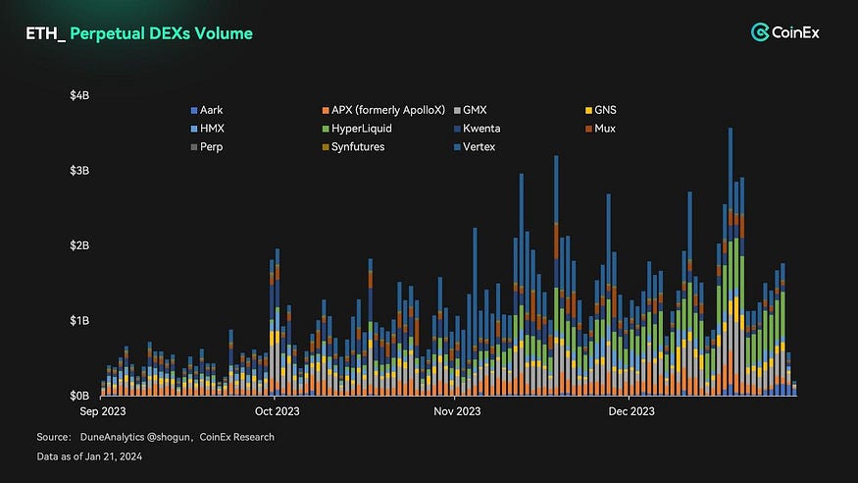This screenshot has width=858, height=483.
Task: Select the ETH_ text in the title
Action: pyautogui.click(x=44, y=33)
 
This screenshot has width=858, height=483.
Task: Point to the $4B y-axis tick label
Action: pyautogui.click(x=81, y=95)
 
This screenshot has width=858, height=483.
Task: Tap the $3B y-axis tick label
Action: pyautogui.click(x=81, y=171)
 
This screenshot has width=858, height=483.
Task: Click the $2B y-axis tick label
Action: pyautogui.click(x=81, y=245)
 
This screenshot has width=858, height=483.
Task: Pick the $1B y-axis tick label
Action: pyautogui.click(x=81, y=321)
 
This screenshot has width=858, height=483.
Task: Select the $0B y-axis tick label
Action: pyautogui.click(x=81, y=396)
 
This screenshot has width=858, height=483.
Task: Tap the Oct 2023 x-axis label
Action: pyautogui.click(x=278, y=410)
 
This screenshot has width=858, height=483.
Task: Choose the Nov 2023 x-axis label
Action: pyautogui.click(x=456, y=410)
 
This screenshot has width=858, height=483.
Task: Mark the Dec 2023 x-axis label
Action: pyautogui.click(x=631, y=410)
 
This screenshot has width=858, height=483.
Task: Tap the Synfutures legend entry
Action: pyautogui.click(x=357, y=147)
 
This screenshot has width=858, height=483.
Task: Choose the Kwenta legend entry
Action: pyautogui.click(x=484, y=129)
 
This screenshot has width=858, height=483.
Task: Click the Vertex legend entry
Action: pyautogui.click(x=480, y=147)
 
